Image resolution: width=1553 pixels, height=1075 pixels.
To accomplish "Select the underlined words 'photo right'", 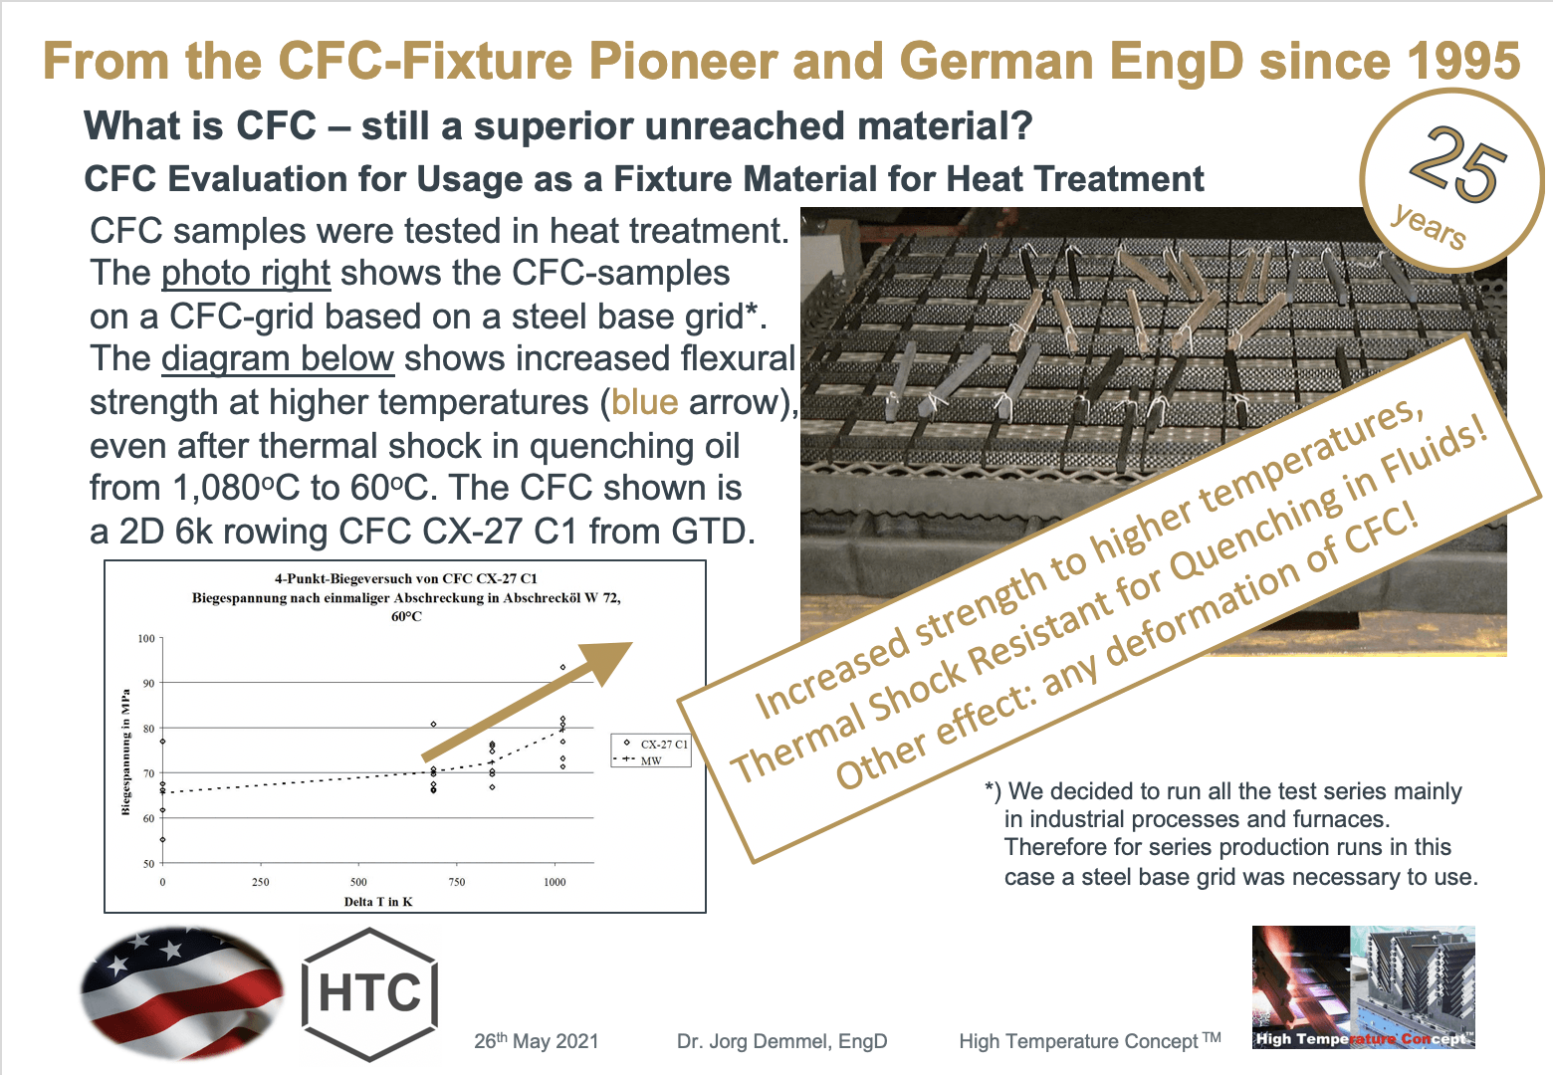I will pyautogui.click(x=245, y=273).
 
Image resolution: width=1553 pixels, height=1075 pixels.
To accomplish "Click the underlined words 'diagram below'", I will pyautogui.click(x=278, y=358).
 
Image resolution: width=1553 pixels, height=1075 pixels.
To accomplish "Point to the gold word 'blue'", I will pyautogui.click(x=644, y=401).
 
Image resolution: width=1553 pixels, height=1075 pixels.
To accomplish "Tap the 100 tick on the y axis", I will pyautogui.click(x=146, y=639).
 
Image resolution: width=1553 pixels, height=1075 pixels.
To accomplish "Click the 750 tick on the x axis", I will pyautogui.click(x=456, y=882).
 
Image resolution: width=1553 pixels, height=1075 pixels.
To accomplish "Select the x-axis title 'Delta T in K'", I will pyautogui.click(x=378, y=902).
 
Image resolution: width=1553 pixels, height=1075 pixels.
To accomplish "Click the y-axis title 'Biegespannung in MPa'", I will pyautogui.click(x=125, y=752).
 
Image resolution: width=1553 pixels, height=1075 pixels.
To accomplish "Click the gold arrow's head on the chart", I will pyautogui.click(x=607, y=661).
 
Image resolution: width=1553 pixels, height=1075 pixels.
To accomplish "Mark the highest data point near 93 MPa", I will pyautogui.click(x=562, y=668).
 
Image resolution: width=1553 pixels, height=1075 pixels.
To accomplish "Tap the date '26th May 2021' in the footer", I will pyautogui.click(x=536, y=1041).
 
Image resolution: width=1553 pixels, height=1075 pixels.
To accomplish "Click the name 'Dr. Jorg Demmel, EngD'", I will pyautogui.click(x=781, y=1041).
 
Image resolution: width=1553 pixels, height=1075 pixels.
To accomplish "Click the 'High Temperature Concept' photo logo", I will pyautogui.click(x=1363, y=987).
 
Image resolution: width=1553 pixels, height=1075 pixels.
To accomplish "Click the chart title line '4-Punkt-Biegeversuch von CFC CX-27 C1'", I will pyautogui.click(x=406, y=578).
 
